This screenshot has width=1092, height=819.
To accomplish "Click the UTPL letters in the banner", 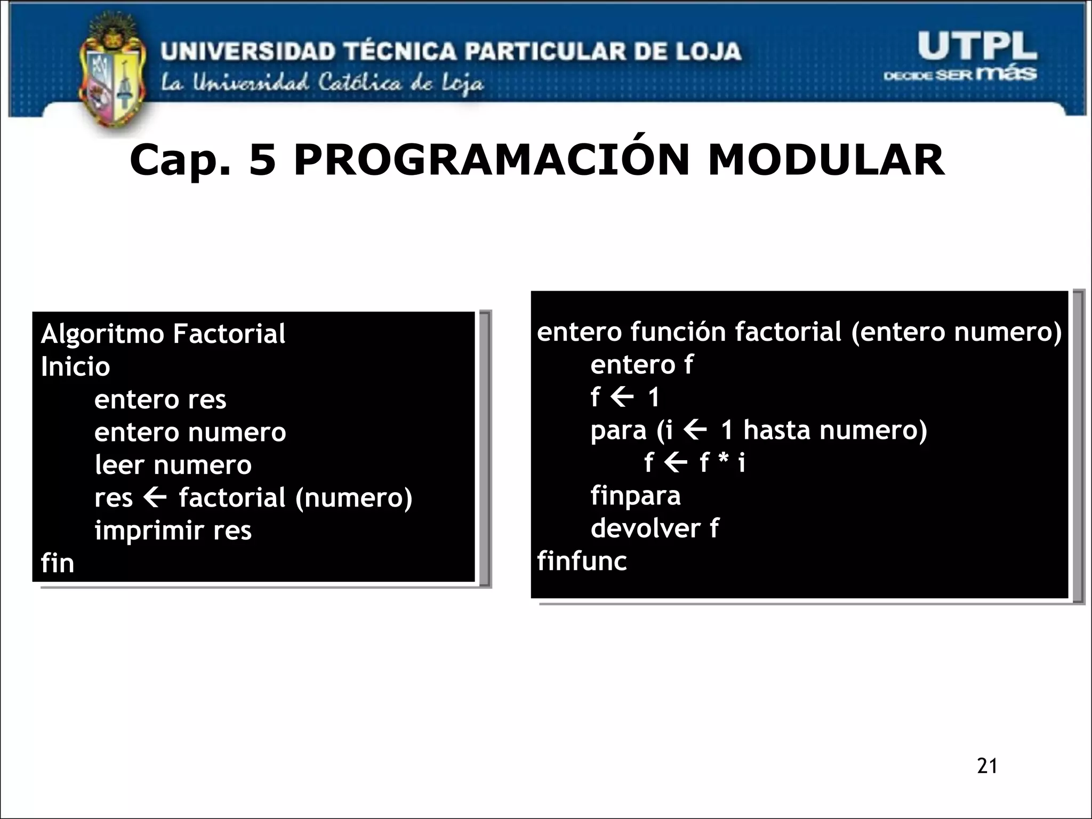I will [977, 46].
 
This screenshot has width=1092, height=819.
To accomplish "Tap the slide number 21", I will [987, 766].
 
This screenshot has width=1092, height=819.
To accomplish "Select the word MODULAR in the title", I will [826, 160].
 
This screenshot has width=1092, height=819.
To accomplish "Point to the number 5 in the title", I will [263, 160].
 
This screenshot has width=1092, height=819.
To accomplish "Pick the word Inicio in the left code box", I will [75, 367].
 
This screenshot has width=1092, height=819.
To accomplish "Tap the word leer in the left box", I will [119, 465].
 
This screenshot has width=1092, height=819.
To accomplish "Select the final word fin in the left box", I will [57, 564].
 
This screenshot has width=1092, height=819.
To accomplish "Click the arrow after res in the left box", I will [155, 498].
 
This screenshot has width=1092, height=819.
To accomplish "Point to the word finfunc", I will [582, 561].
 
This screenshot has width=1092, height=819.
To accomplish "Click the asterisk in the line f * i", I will [723, 461].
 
